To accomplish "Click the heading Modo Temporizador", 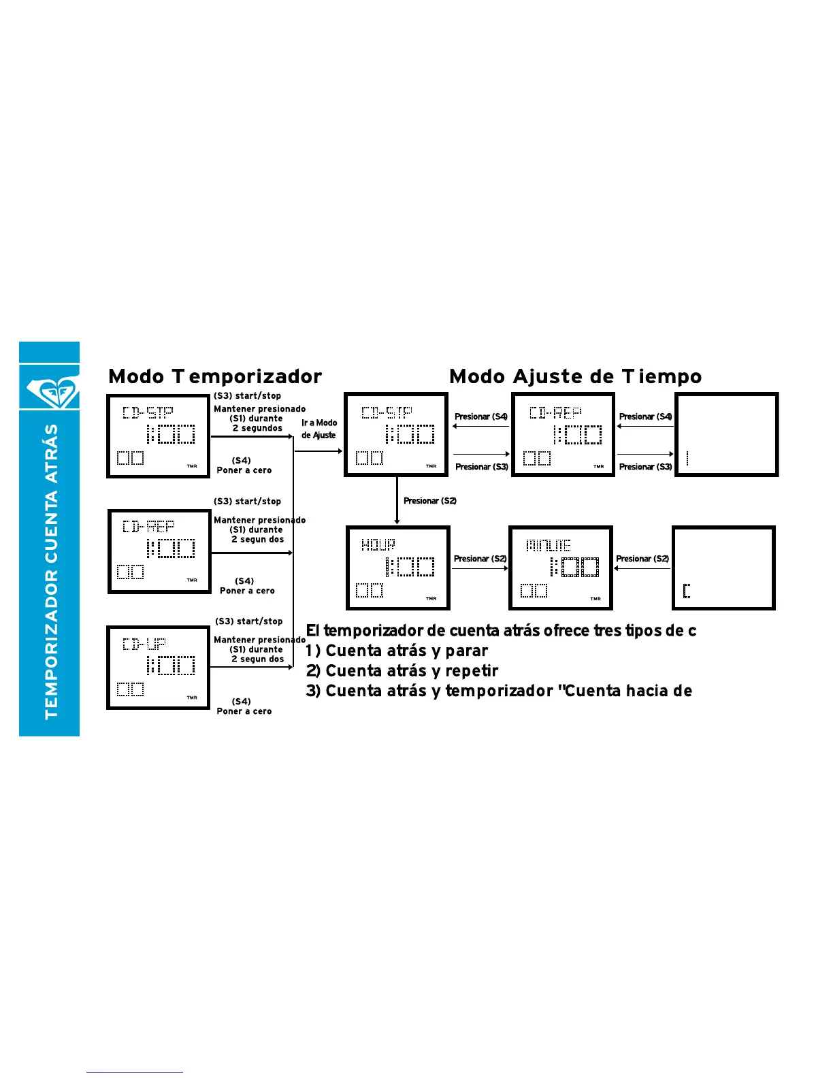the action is pos(215,376).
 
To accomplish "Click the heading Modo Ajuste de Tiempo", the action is pos(575,376).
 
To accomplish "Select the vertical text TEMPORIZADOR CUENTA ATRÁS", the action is pos(51,572).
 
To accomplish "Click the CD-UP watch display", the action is pos(158,668).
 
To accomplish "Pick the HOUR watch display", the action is pos(397,568).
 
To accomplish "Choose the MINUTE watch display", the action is pos(561,568).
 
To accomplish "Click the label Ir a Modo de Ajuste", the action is pos(319,429).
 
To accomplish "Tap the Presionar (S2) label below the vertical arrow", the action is pos(430,501).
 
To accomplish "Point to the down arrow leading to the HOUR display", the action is pos(397,500).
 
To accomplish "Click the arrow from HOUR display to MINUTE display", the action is pos(480,568).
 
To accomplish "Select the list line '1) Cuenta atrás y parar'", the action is pos(397,651).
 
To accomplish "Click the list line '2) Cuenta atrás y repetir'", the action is pos(402,671).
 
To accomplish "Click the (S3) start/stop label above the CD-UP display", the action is pos(248,621).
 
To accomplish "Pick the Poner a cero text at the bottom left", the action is pos(244,711).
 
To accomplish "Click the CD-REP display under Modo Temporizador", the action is pos(159,552).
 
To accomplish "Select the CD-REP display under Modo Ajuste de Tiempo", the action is pos(563,435).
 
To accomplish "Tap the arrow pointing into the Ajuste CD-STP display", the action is pos(318,451).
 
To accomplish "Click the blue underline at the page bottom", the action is pos(134,1072).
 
